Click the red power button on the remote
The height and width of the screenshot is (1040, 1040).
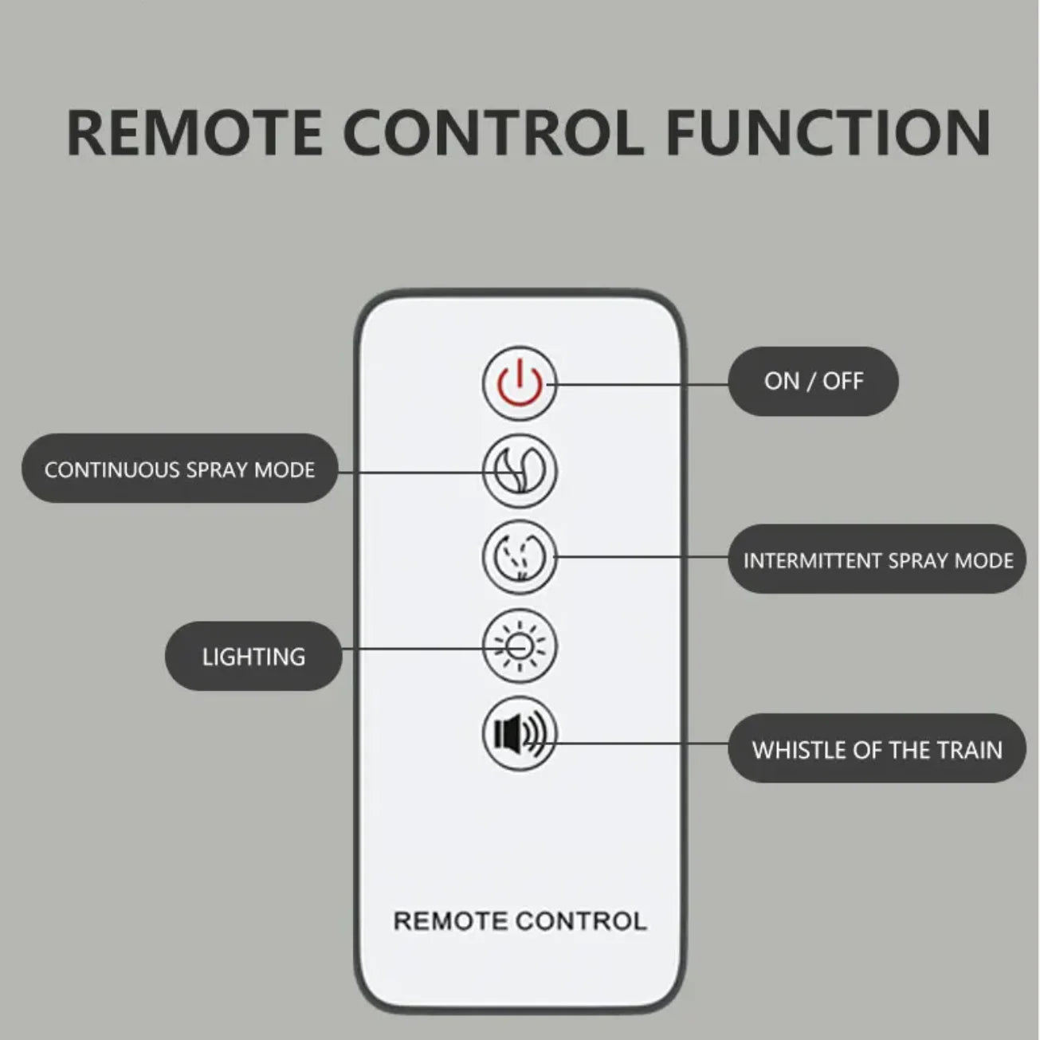(x=519, y=383)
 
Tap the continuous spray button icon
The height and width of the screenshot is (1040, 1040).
(x=519, y=471)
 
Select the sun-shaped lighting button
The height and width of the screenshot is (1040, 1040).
(x=519, y=646)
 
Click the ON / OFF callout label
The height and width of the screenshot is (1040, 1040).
(x=813, y=381)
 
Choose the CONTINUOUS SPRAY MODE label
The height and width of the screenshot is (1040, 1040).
(x=180, y=469)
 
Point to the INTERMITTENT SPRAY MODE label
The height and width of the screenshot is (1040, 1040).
(x=877, y=559)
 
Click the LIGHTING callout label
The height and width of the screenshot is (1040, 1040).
(x=253, y=656)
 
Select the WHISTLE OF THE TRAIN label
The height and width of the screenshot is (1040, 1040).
(x=877, y=749)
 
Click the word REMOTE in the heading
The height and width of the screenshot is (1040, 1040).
(x=194, y=133)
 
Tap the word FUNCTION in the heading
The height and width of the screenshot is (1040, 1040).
(x=828, y=133)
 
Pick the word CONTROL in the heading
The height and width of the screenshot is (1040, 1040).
(x=493, y=133)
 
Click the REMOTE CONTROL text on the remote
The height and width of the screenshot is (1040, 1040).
(x=520, y=920)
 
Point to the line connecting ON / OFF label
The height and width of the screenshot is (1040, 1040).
(x=638, y=384)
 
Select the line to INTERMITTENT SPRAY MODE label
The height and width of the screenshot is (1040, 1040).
(x=642, y=556)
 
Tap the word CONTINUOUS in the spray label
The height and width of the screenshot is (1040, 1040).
(x=112, y=469)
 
